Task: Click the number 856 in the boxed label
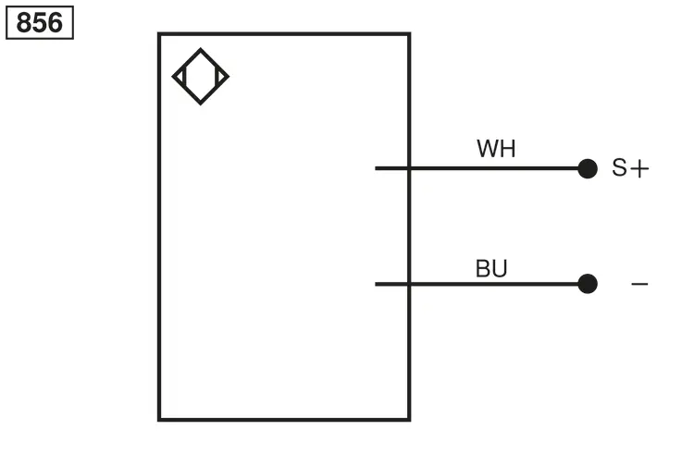point(40,22)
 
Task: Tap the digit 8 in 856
point(24,22)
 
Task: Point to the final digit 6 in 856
point(56,22)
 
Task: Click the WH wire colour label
point(496,149)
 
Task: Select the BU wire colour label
point(491,268)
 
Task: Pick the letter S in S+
point(619,167)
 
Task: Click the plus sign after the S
point(639,168)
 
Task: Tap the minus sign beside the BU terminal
point(639,284)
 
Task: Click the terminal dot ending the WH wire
point(588,168)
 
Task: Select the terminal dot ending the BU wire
point(588,284)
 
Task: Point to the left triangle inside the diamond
point(180,77)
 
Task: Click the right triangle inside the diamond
point(220,77)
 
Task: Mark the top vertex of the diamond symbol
point(201,48)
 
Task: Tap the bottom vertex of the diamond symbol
point(201,104)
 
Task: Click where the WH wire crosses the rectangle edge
point(409,168)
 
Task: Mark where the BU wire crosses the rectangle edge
point(409,284)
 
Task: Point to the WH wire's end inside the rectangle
point(376,168)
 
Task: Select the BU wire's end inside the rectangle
point(376,284)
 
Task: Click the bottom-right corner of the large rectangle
point(409,420)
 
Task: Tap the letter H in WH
point(508,149)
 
